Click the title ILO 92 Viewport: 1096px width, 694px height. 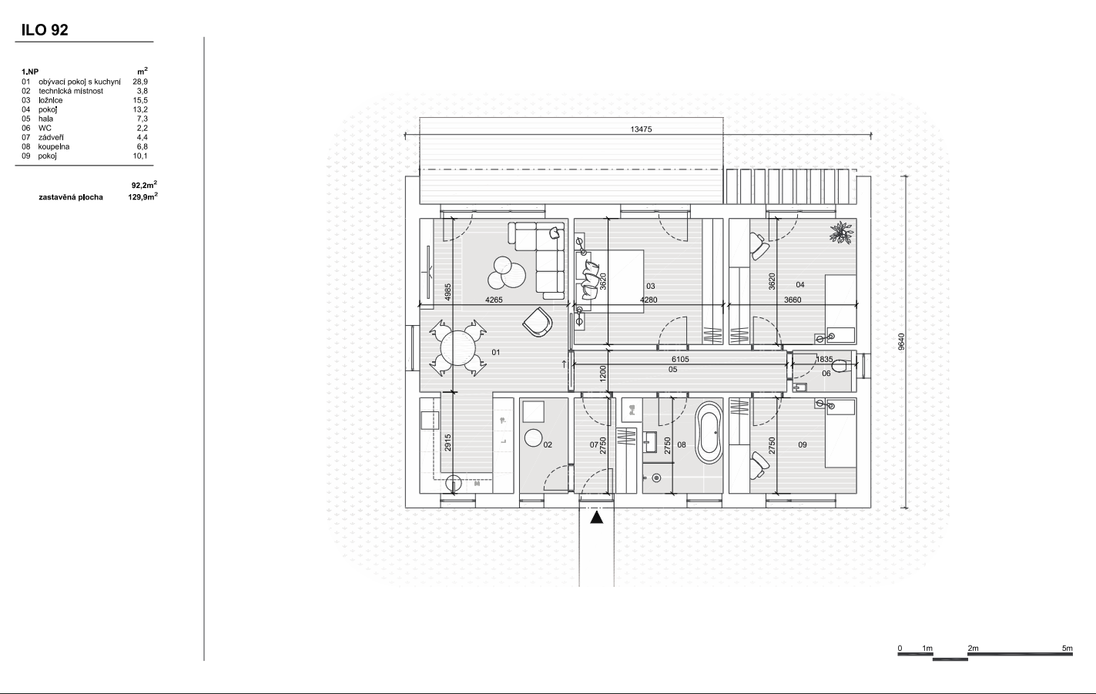pyautogui.click(x=45, y=30)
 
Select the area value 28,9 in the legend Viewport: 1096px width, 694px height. pyautogui.click(x=140, y=82)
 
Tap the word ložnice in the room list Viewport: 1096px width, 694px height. pyautogui.click(x=51, y=100)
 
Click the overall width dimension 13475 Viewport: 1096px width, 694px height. pyautogui.click(x=641, y=129)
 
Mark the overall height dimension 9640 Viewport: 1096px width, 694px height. pyautogui.click(x=901, y=342)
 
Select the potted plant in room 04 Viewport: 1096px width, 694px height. pyautogui.click(x=842, y=233)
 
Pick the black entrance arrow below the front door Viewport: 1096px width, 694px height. pyautogui.click(x=596, y=518)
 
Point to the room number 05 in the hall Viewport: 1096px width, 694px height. pyautogui.click(x=672, y=370)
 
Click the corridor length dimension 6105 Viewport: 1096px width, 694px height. pyautogui.click(x=680, y=359)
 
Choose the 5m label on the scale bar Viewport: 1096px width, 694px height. pyautogui.click(x=1068, y=649)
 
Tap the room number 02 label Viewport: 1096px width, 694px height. pyautogui.click(x=548, y=445)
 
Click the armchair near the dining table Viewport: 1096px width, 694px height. pyautogui.click(x=538, y=321)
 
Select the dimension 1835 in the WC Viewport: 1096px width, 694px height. pyautogui.click(x=824, y=359)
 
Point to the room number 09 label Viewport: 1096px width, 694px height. pyautogui.click(x=803, y=445)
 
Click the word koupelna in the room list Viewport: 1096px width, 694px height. pyautogui.click(x=54, y=147)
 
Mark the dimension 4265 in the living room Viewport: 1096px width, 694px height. pyautogui.click(x=494, y=300)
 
